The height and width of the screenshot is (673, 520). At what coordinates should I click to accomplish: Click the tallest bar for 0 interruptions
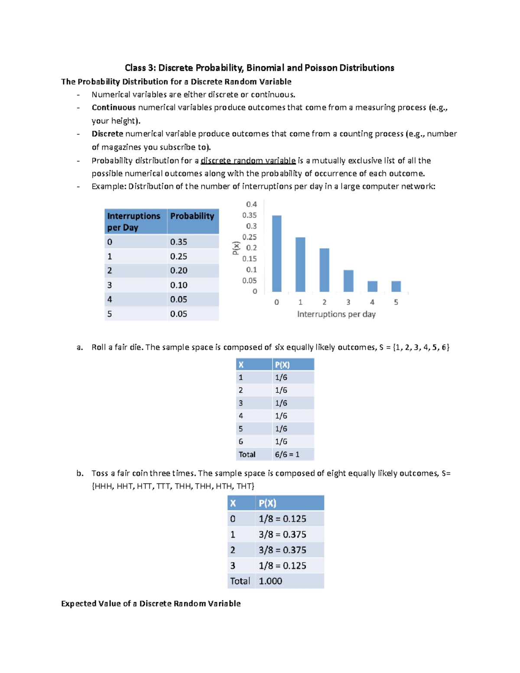[x=276, y=254]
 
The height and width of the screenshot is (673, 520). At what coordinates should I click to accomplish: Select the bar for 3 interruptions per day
[x=348, y=281]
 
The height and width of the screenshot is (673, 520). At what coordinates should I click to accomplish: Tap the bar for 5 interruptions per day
[x=396, y=286]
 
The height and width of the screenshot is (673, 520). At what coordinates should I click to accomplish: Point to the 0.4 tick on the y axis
[x=251, y=204]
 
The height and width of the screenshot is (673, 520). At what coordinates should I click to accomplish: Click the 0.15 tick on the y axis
[x=250, y=259]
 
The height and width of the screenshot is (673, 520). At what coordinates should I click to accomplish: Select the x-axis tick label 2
[x=324, y=302]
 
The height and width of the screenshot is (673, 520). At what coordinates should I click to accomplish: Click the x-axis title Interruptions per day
[x=336, y=314]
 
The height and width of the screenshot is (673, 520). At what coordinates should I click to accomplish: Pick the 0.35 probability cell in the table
[x=179, y=242]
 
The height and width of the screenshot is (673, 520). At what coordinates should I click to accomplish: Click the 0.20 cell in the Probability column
[x=179, y=270]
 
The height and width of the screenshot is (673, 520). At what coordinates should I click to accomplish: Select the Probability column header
[x=192, y=216]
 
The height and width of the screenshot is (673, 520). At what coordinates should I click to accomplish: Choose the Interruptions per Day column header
[x=133, y=221]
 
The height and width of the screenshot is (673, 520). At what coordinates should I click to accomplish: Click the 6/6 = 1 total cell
[x=287, y=454]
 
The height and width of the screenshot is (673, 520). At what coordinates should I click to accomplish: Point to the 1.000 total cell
[x=270, y=581]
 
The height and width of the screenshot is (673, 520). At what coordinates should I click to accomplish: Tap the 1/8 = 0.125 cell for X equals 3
[x=283, y=566]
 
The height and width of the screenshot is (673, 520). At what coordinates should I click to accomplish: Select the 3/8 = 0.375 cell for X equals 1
[x=283, y=534]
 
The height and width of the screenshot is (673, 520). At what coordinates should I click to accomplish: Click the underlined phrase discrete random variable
[x=248, y=161]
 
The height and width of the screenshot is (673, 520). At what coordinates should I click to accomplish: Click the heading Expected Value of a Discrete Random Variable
[x=151, y=604]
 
